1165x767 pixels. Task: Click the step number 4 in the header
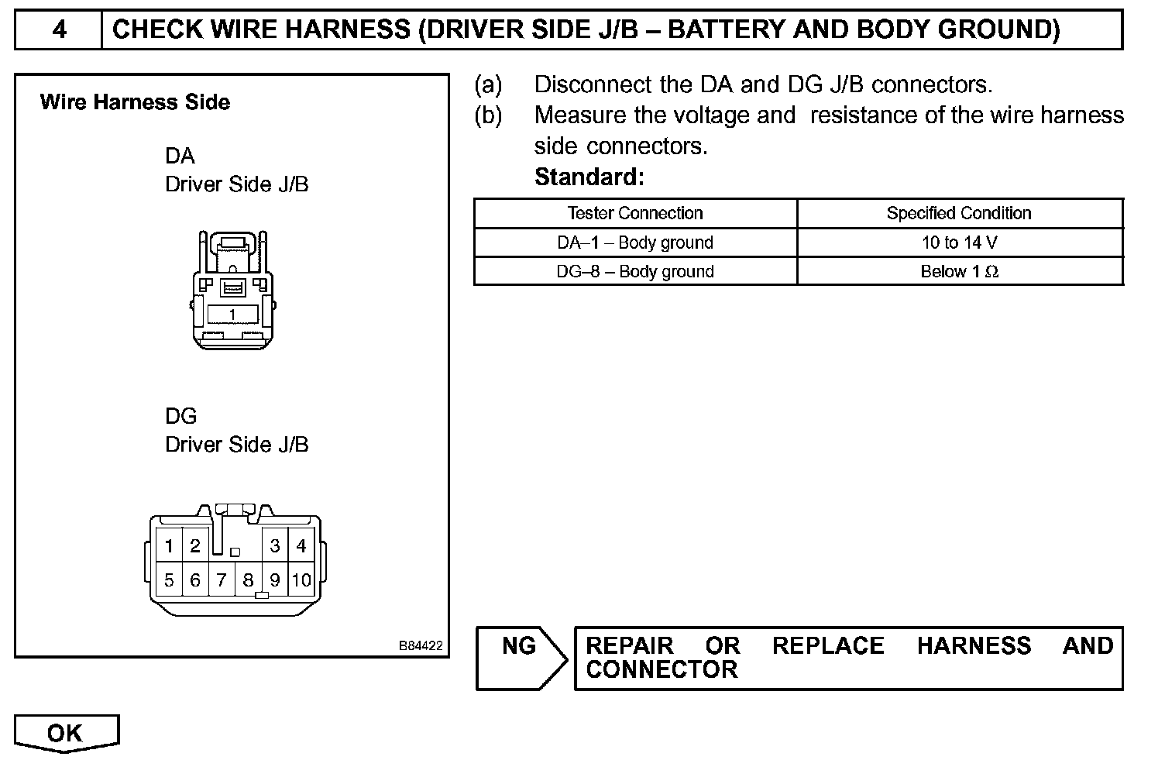click(59, 30)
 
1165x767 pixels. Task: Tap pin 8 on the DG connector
click(248, 580)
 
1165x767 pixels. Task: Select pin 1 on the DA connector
click(232, 314)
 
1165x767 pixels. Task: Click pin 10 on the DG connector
click(301, 580)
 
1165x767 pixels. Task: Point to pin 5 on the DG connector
click(169, 580)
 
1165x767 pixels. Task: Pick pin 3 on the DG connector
click(274, 546)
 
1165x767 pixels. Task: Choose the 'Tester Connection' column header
click(635, 213)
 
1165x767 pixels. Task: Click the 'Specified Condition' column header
click(959, 213)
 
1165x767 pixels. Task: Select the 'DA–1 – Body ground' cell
click(635, 242)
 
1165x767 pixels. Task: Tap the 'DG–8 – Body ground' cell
click(635, 272)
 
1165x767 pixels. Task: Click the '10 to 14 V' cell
click(959, 242)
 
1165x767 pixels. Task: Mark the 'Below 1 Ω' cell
click(959, 272)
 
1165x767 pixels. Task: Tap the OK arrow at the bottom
click(66, 733)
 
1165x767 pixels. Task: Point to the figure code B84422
click(421, 645)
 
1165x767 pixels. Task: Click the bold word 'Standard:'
click(589, 177)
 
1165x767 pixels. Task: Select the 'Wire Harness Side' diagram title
click(135, 102)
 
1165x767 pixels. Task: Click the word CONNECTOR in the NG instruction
click(662, 670)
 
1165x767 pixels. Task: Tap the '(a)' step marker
click(488, 84)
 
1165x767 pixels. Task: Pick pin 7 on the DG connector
click(222, 580)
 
